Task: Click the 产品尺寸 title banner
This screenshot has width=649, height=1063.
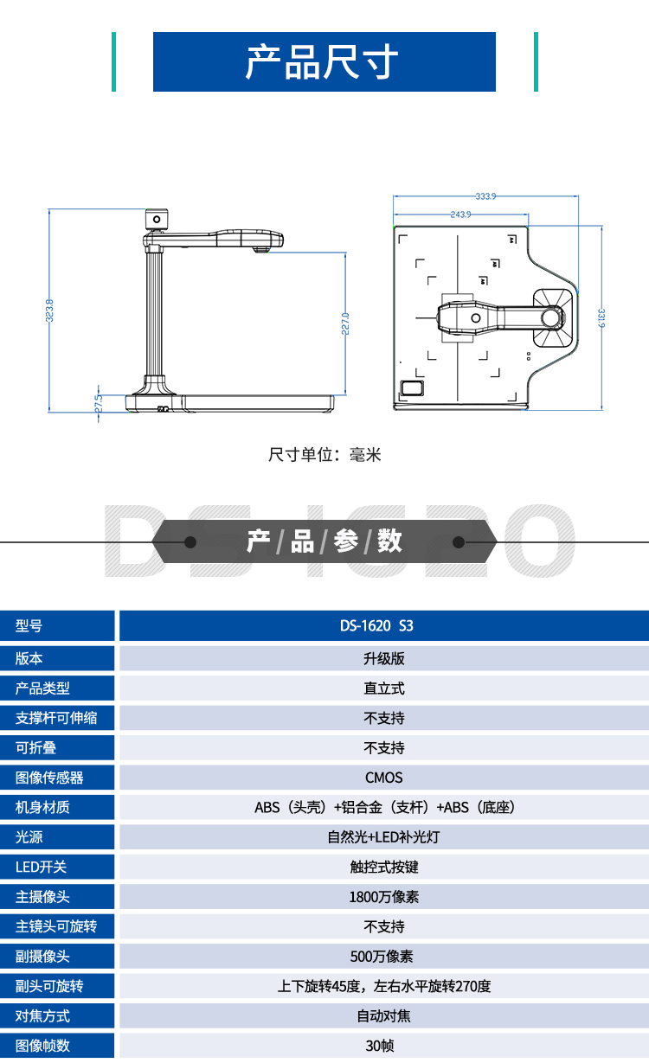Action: tap(324, 62)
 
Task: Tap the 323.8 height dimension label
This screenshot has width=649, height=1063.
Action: tap(50, 311)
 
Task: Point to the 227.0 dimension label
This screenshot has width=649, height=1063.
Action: tap(345, 323)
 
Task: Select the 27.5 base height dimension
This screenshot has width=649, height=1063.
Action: tap(99, 403)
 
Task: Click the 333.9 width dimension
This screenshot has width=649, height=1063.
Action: tap(485, 196)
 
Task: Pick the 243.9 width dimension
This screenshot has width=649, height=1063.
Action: tap(460, 214)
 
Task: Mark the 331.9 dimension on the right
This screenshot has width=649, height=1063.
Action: tap(601, 317)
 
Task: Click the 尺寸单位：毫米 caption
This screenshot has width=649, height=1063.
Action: tap(324, 455)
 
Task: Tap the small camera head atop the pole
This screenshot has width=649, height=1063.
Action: tap(157, 220)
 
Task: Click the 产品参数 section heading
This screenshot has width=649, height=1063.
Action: tap(324, 542)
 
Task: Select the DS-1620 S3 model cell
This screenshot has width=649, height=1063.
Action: tap(383, 626)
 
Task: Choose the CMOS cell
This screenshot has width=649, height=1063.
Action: tap(383, 778)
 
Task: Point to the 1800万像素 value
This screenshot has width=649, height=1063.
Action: tap(383, 897)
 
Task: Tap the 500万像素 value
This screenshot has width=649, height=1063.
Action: tap(383, 957)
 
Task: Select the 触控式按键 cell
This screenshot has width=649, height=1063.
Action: tap(383, 867)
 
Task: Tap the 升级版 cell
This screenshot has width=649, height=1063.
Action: tap(383, 658)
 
